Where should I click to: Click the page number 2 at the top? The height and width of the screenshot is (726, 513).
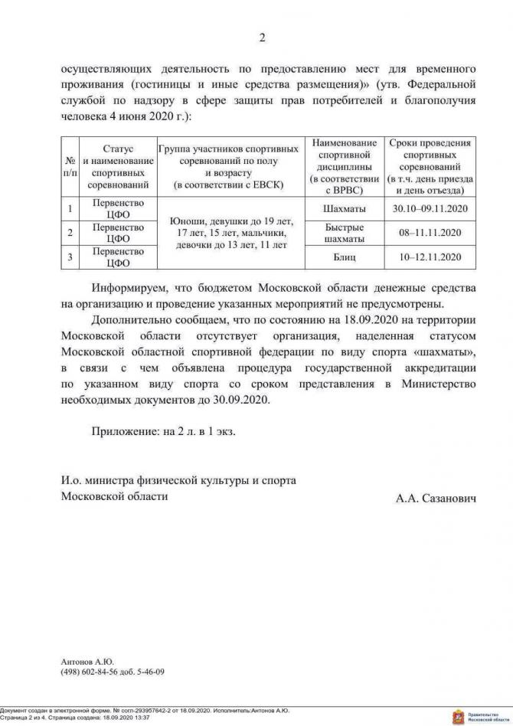262,38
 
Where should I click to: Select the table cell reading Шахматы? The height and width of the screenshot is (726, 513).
344,208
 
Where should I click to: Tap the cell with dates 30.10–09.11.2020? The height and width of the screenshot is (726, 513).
430,208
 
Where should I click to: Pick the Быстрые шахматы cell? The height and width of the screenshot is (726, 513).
344,232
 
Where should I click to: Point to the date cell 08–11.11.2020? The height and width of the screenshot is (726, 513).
430,232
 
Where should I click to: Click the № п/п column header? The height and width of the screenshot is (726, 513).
70,166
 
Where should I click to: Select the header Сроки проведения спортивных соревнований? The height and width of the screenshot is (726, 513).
430,166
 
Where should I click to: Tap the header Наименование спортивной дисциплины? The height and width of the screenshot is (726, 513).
344,166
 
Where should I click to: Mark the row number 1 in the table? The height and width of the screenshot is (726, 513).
70,208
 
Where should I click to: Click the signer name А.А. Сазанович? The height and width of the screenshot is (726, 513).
436,498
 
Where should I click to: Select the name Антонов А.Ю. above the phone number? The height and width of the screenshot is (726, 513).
87,660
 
